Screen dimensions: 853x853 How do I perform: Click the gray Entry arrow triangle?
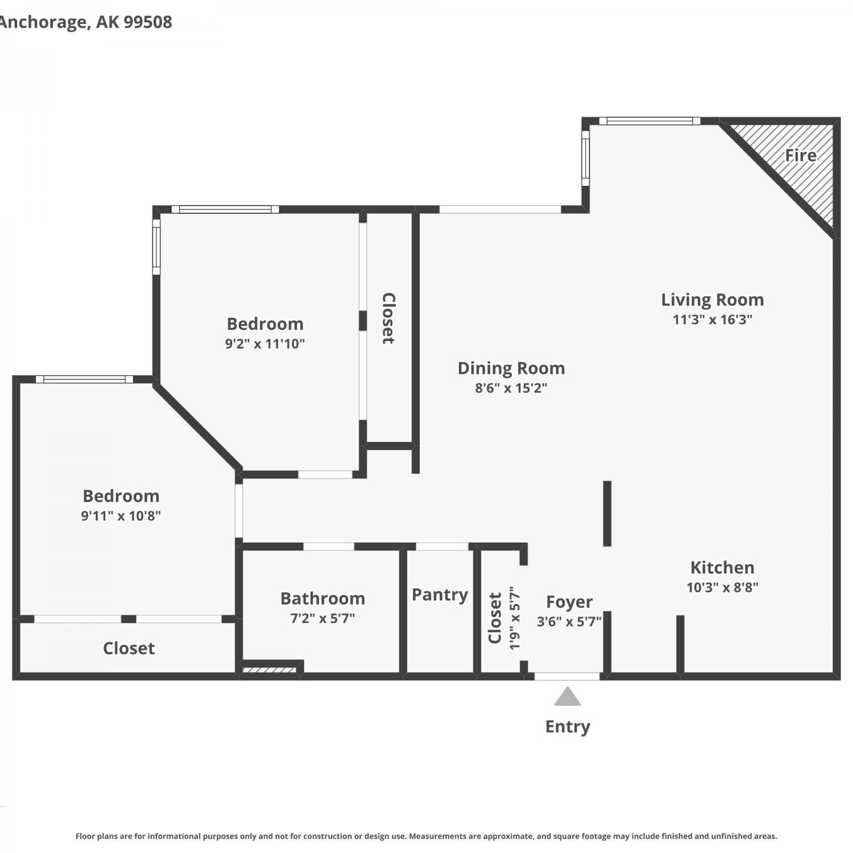568,697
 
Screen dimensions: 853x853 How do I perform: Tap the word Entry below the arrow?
568,727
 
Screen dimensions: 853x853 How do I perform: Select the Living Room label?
713,300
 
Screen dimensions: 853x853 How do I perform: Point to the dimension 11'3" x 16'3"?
713,320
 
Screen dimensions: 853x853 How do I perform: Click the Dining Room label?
511,368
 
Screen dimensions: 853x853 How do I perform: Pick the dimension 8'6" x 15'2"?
511,388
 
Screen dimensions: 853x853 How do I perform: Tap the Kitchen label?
722,568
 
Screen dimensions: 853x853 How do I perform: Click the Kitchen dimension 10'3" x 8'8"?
722,587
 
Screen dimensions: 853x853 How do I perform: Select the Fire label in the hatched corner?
801,155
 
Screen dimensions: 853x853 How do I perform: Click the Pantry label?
440,595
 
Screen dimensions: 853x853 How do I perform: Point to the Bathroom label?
322,598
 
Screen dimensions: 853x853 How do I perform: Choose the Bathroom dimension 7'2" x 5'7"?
322,618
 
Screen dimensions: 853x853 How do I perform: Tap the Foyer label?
569,602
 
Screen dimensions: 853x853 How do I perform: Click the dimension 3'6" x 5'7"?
569,622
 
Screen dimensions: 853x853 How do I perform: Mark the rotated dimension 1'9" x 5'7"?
515,618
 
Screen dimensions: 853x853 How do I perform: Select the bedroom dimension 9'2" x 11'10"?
265,343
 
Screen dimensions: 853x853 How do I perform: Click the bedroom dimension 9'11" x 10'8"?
121,516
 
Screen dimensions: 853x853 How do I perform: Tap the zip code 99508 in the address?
148,22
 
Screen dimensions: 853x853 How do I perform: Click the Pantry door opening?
442,546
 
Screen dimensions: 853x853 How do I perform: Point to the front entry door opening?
567,676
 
